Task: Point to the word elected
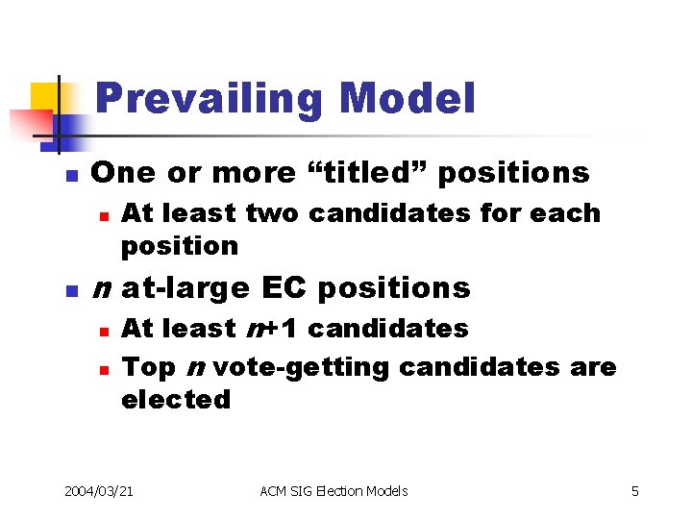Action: [176, 400]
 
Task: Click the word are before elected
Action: [593, 367]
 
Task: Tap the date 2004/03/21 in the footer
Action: [98, 491]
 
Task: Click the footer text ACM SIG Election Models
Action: [334, 491]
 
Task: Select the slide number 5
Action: [634, 491]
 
